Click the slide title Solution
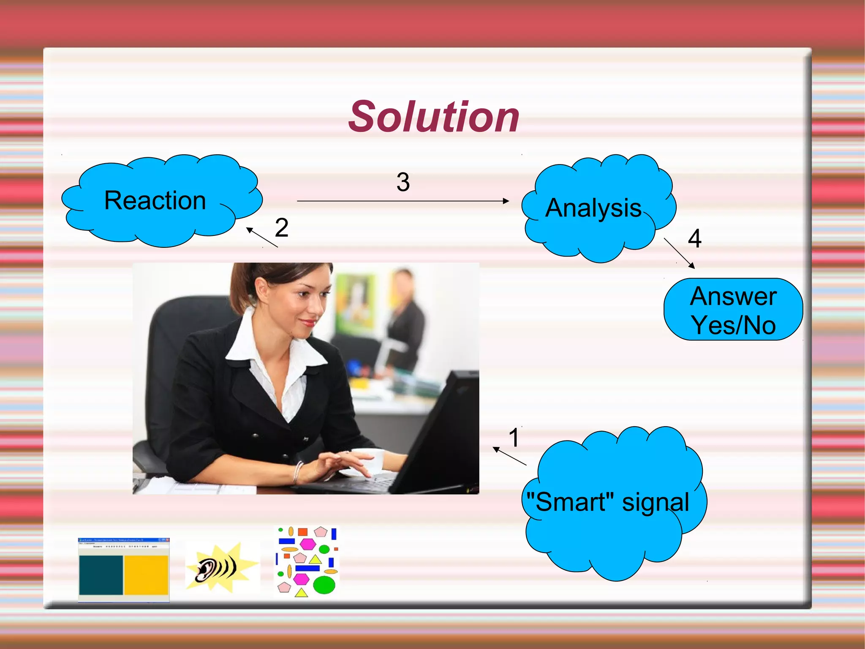tap(433, 117)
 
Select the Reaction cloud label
tap(155, 200)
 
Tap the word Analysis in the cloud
tap(593, 208)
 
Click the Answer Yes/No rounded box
tap(733, 310)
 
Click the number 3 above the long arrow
tap(403, 182)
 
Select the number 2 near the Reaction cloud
tap(281, 227)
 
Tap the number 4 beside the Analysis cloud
tap(694, 238)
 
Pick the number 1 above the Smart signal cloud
tap(514, 437)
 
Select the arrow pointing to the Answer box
tap(679, 253)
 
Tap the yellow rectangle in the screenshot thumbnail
tap(146, 575)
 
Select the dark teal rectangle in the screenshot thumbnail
tap(101, 575)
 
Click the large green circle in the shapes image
tap(324, 585)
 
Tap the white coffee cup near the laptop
tap(372, 461)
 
